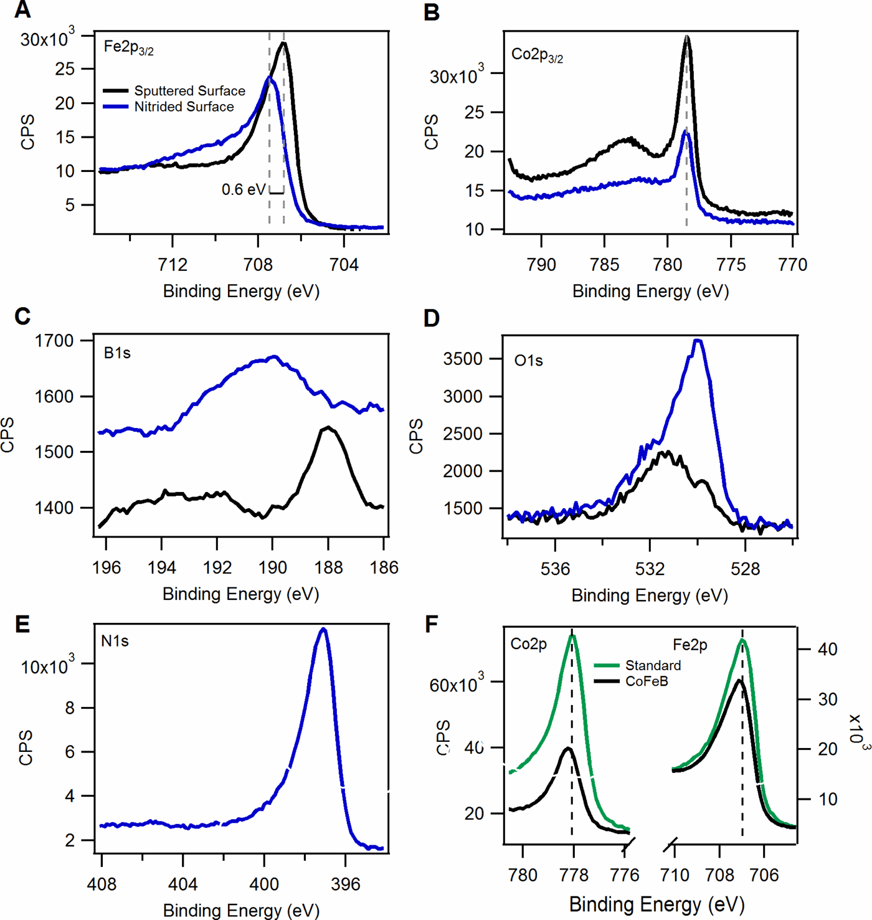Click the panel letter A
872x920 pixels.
pos(22,11)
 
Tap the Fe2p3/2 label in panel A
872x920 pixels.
pos(128,48)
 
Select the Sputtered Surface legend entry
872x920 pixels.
pos(189,91)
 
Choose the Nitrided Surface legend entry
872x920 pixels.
pos(184,107)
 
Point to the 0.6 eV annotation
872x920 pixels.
pos(243,190)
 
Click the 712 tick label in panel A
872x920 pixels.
pos(173,265)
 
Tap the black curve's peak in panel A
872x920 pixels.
pos(283,43)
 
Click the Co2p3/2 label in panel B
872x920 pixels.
pos(537,55)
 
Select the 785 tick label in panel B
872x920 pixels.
pos(604,265)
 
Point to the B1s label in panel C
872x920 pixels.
pos(117,353)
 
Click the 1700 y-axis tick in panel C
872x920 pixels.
pos(54,341)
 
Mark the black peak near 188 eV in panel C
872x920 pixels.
pos(328,427)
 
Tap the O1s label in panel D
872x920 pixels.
pos(528,361)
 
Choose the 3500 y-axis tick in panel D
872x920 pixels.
pos(462,359)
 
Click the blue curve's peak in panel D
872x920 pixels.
pos(698,341)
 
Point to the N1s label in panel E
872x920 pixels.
pos(115,641)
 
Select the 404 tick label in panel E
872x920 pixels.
pos(182,884)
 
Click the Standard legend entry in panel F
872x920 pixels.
pos(653,665)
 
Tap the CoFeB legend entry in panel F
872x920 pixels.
pos(647,681)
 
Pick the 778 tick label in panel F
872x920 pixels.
pos(574,875)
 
